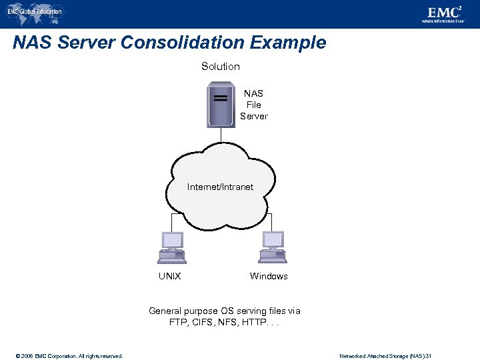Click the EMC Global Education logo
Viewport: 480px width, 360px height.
pyautogui.click(x=35, y=11)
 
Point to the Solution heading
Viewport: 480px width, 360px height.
pyautogui.click(x=220, y=67)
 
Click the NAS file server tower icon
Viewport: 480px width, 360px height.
pyautogui.click(x=221, y=104)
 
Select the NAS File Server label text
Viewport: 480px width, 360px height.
pyautogui.click(x=253, y=105)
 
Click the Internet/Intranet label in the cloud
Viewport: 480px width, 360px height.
pyautogui.click(x=220, y=187)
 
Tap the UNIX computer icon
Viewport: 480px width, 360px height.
pyautogui.click(x=171, y=247)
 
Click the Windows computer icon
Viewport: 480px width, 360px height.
pyautogui.click(x=273, y=247)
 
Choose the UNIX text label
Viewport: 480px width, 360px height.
pyautogui.click(x=169, y=276)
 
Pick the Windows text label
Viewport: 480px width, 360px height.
pyautogui.click(x=269, y=276)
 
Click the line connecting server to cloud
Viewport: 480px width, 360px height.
pyautogui.click(x=221, y=135)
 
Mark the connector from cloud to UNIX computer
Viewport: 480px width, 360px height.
pyautogui.click(x=171, y=221)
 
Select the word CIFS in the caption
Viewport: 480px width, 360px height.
pyautogui.click(x=200, y=323)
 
